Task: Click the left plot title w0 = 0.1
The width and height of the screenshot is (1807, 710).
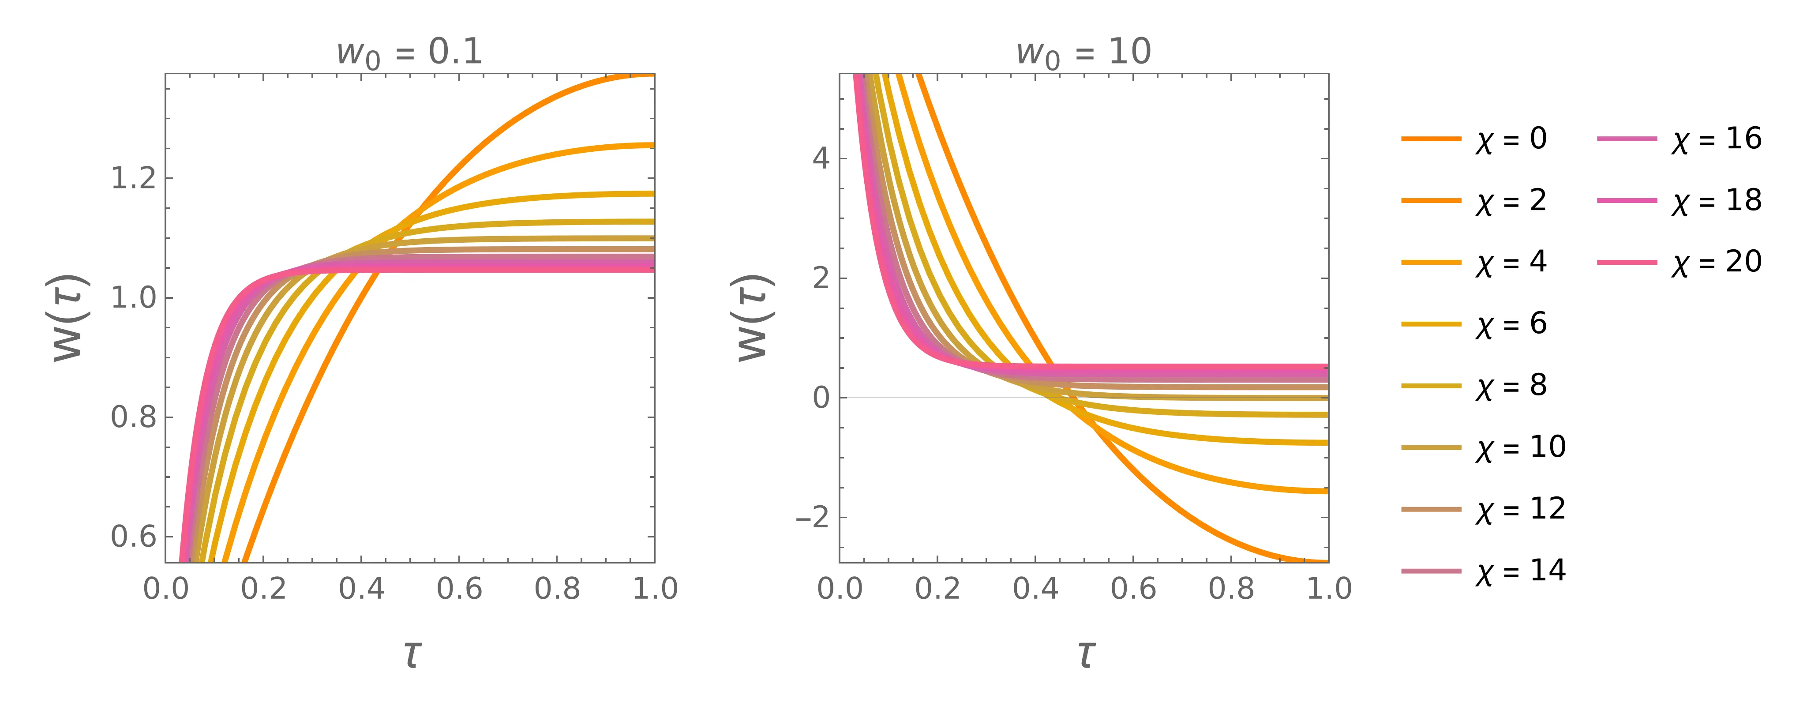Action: click(410, 53)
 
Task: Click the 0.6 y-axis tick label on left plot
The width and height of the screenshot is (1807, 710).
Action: click(133, 537)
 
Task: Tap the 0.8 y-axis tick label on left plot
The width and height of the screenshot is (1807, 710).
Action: click(133, 417)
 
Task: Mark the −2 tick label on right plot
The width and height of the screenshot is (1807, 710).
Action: click(812, 518)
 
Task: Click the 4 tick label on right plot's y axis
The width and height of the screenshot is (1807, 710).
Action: click(821, 158)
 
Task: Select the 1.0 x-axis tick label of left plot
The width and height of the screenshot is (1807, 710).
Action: click(655, 588)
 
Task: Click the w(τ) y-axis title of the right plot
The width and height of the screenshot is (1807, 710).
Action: click(755, 317)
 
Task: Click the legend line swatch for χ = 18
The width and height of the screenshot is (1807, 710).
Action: click(1627, 201)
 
